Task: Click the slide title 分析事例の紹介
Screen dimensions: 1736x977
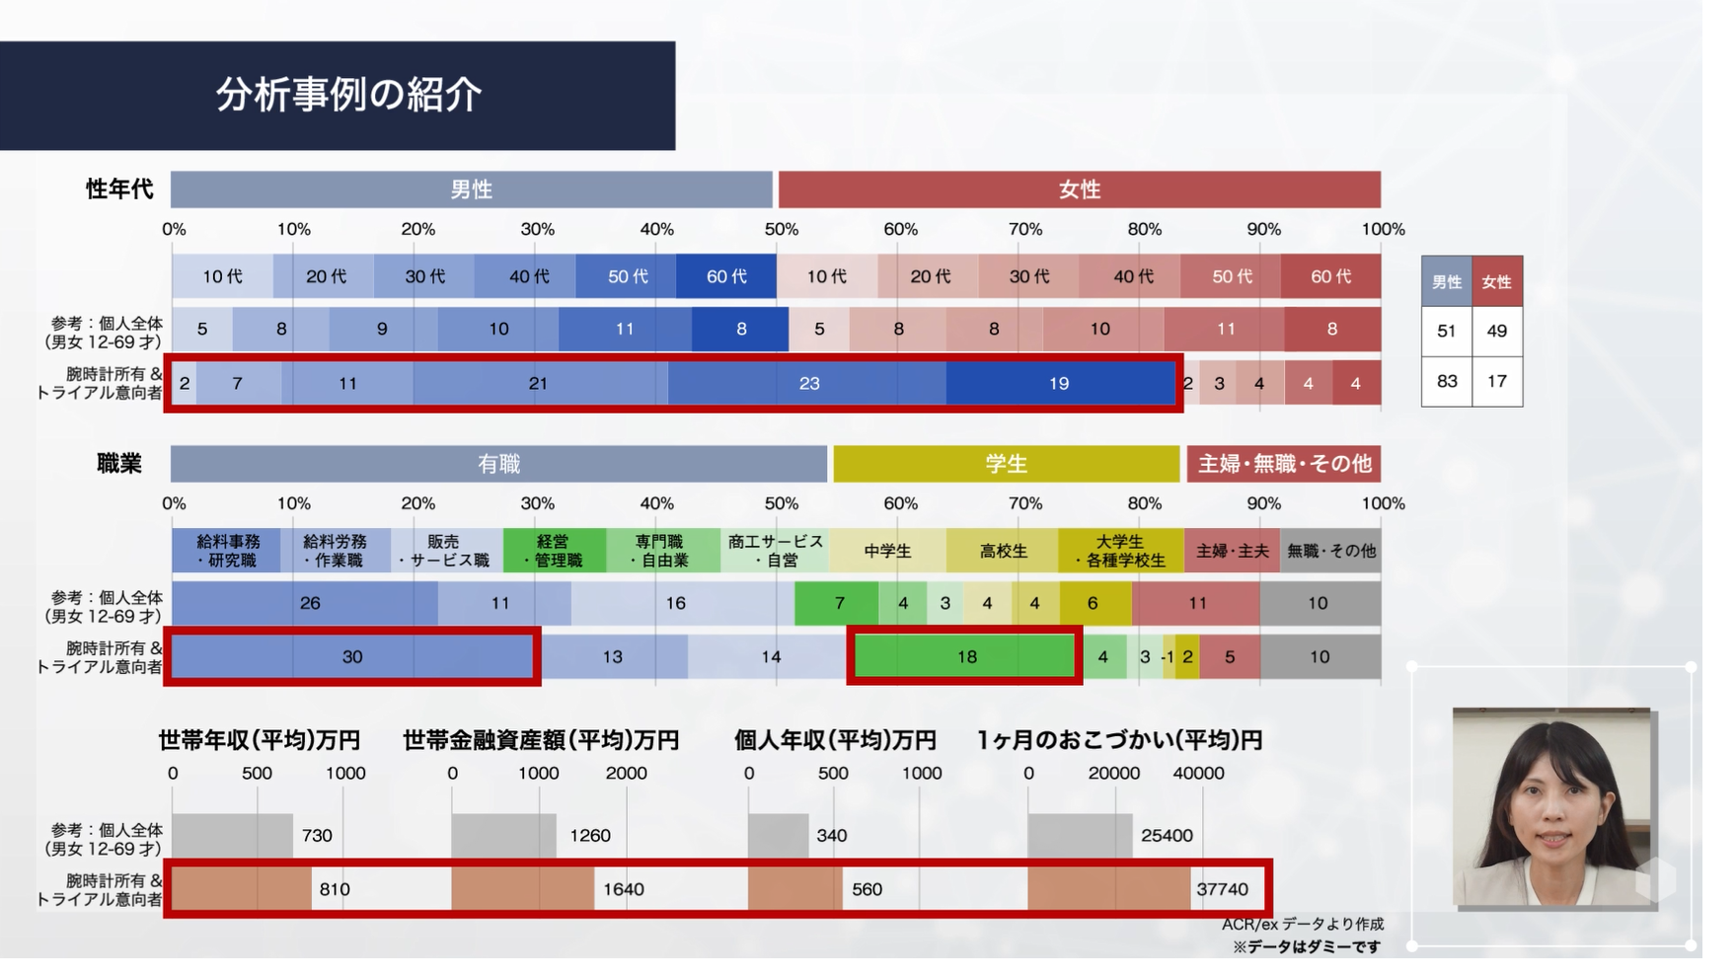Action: (348, 95)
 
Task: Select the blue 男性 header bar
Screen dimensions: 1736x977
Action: (471, 188)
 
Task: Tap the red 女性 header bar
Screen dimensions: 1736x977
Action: (1079, 188)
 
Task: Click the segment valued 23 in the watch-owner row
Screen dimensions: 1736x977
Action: (807, 383)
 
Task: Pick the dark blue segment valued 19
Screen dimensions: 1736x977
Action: (1060, 383)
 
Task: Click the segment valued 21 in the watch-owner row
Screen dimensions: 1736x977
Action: (540, 383)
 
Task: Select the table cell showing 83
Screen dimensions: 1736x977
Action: (1447, 381)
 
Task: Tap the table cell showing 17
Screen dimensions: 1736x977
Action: (1497, 381)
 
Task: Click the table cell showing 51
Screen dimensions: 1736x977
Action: (1447, 331)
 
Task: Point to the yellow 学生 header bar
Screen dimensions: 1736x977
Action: (1006, 464)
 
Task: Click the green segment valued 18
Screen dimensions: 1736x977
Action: (965, 656)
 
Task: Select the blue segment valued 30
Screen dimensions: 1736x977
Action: (352, 656)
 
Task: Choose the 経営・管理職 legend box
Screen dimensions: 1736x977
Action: (554, 551)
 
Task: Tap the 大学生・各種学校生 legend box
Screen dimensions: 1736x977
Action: (1120, 551)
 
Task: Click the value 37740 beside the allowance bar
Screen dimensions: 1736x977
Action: (1222, 889)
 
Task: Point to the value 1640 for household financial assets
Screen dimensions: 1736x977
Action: (623, 889)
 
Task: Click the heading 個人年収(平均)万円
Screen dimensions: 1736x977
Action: (835, 740)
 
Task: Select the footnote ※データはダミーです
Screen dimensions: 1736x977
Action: (1306, 947)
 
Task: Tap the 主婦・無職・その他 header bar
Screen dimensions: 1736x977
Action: (1284, 464)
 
